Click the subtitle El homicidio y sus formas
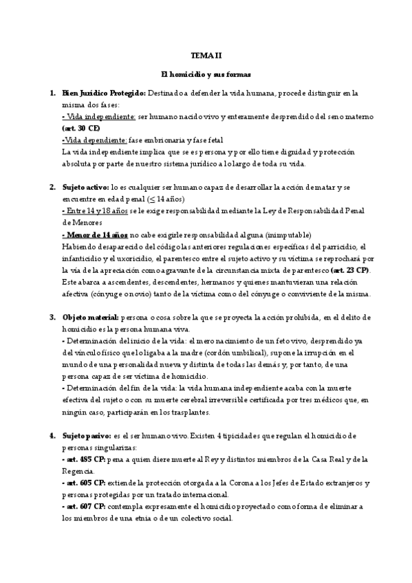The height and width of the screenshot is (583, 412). [x=206, y=73]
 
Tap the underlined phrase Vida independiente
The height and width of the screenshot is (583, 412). [x=98, y=118]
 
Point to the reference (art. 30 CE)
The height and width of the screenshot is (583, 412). [x=80, y=128]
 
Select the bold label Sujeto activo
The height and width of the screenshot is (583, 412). [x=84, y=187]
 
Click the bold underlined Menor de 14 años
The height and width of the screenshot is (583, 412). [x=95, y=234]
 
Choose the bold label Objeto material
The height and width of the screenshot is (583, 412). [x=89, y=318]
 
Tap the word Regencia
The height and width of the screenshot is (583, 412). [x=78, y=472]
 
